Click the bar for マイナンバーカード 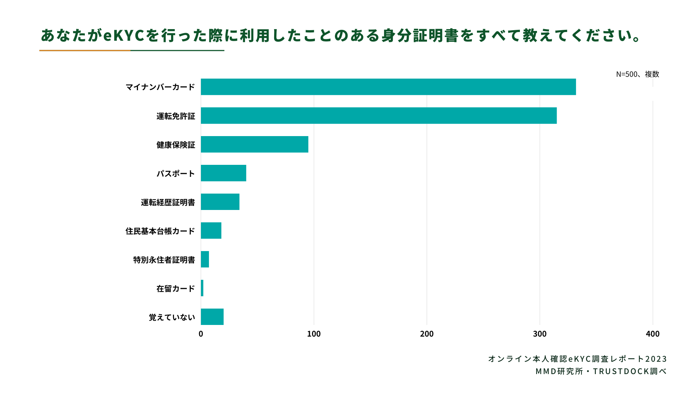click(x=388, y=87)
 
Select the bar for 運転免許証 click(x=379, y=116)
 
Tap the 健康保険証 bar click(x=254, y=144)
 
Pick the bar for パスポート click(x=224, y=173)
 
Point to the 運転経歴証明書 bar click(x=220, y=202)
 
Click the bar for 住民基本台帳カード click(x=211, y=231)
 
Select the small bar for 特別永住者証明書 click(x=205, y=259)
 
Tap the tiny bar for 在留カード click(x=202, y=288)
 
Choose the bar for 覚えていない click(x=212, y=317)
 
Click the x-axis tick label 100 click(x=314, y=334)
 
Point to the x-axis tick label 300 click(x=540, y=334)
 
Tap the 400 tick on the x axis click(x=652, y=334)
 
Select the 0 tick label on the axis click(x=201, y=334)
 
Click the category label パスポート click(x=176, y=174)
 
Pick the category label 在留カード click(x=176, y=289)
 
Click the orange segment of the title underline click(x=84, y=51)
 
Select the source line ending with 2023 click(x=577, y=359)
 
